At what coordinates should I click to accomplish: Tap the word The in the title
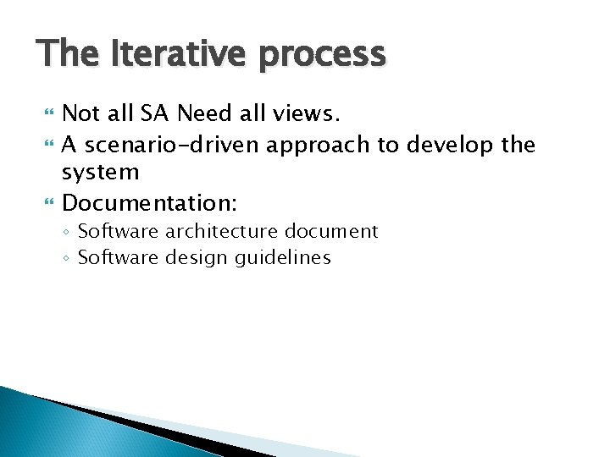(x=67, y=55)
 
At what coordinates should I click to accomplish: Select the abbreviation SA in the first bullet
(x=155, y=113)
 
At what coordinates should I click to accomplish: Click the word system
(x=101, y=173)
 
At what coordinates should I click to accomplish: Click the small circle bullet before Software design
(x=68, y=258)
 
